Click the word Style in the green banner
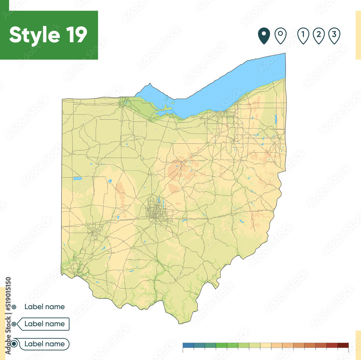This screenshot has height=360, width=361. coord(35,35)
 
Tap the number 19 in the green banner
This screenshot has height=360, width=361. coord(76,35)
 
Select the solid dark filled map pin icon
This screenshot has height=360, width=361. coord(264,36)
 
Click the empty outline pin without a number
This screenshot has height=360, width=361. coord(280,36)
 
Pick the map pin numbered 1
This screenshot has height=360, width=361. coord(303,36)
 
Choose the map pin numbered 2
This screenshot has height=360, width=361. coord(319,36)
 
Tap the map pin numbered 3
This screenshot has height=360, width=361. coord(334,36)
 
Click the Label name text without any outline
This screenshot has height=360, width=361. coord(44,307)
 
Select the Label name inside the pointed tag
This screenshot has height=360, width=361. coord(44,324)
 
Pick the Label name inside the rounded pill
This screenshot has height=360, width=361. coord(44,344)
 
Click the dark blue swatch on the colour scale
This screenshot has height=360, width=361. coord(188,345)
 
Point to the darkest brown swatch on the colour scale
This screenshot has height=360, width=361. coord(343,345)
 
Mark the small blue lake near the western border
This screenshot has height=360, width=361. coord(77,178)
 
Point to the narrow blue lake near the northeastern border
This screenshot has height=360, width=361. coord(275,120)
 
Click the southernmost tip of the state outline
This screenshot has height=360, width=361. coord(179,323)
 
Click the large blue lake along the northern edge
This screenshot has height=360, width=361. coord(224,90)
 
